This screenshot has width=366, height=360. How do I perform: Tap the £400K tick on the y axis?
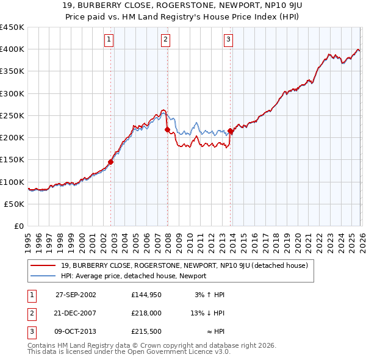(x=12, y=49)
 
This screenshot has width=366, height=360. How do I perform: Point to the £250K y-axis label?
(x=12, y=115)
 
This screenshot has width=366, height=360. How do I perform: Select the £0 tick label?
(x=18, y=226)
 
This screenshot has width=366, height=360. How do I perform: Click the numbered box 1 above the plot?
(x=109, y=40)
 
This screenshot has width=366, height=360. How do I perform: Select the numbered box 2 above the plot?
(x=165, y=40)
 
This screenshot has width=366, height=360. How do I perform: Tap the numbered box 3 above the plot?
(x=228, y=40)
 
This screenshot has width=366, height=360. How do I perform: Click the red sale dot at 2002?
(x=111, y=162)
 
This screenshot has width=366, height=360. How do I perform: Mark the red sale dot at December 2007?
(x=167, y=129)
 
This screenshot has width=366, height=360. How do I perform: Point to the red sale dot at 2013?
(x=231, y=131)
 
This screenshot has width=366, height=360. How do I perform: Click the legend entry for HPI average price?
(x=134, y=276)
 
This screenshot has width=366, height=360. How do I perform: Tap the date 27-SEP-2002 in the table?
(x=76, y=295)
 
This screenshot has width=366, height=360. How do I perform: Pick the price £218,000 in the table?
(x=146, y=313)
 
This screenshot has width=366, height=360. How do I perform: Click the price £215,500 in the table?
(x=146, y=331)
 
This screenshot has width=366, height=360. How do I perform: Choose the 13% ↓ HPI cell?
(x=207, y=313)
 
